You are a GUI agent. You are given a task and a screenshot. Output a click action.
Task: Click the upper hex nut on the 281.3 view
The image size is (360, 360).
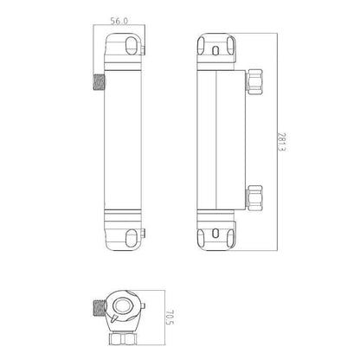tap(254, 83)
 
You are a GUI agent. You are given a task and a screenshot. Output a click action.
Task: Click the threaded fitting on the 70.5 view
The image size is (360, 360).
tap(98, 307)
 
